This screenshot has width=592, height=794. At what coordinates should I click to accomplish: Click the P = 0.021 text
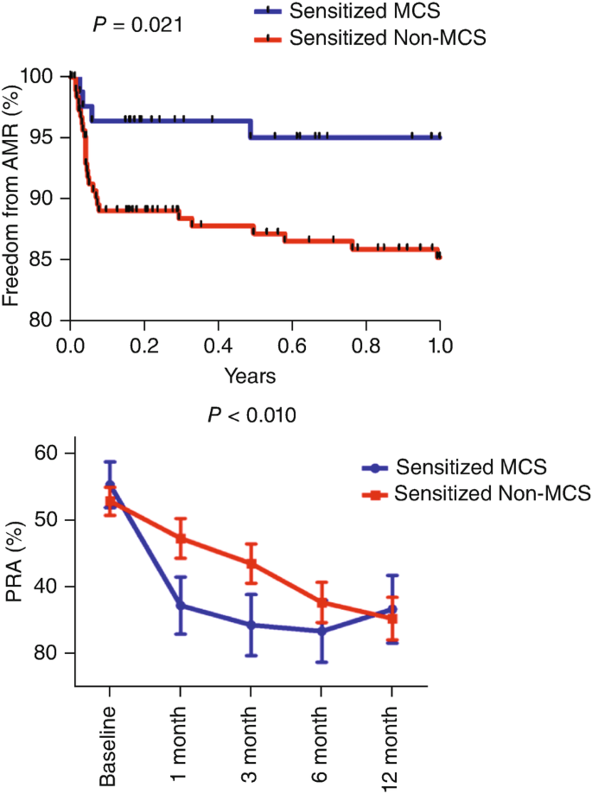(x=137, y=24)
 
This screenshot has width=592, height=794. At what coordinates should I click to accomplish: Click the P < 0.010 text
(x=252, y=416)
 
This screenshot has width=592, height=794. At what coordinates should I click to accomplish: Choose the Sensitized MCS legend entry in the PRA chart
(x=455, y=467)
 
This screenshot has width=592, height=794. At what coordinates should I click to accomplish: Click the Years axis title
(x=251, y=377)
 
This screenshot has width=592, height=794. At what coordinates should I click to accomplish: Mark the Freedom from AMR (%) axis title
(x=13, y=198)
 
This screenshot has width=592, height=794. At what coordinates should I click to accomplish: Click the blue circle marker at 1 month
(x=181, y=606)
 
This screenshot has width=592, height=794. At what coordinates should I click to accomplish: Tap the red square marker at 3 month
(x=251, y=563)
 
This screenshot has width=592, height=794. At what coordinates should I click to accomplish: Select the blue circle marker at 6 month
(x=321, y=631)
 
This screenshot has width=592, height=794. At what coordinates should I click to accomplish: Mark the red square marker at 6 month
(x=321, y=602)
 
